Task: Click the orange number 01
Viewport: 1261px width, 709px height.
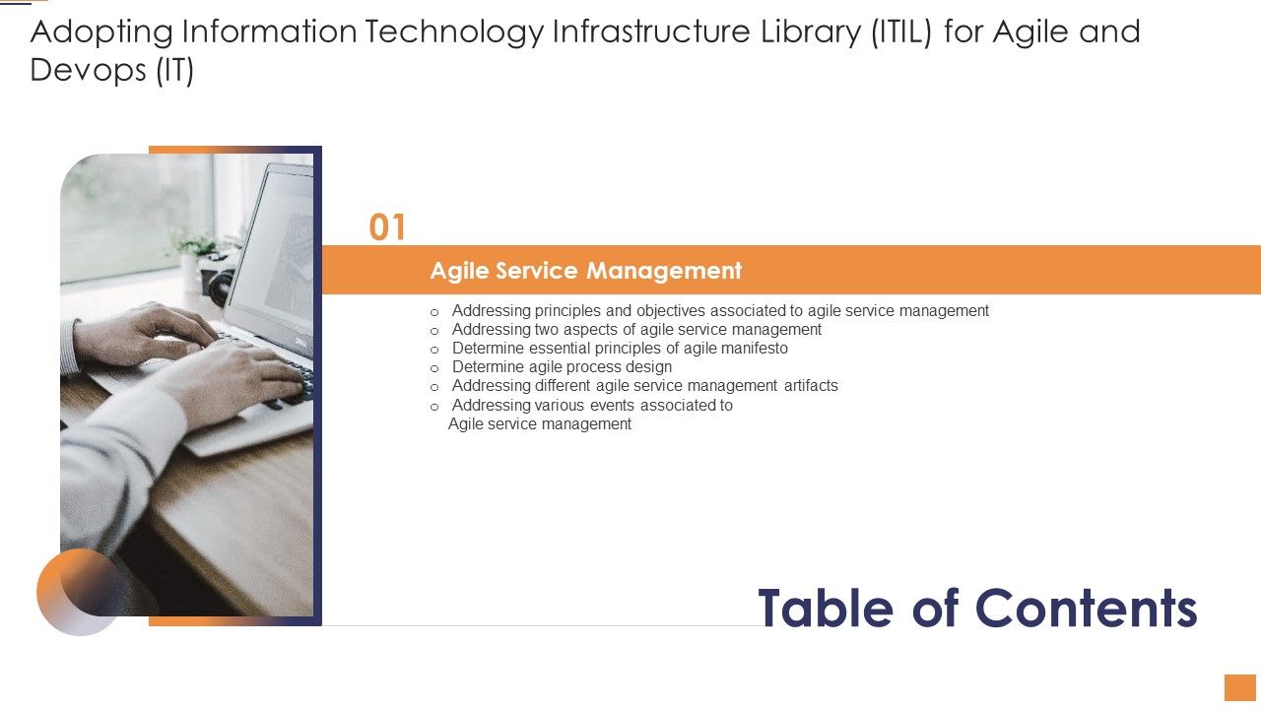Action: (387, 227)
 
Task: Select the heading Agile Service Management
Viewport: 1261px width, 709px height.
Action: (585, 270)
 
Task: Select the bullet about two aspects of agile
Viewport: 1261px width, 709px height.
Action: (636, 330)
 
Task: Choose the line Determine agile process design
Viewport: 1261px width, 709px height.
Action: (562, 367)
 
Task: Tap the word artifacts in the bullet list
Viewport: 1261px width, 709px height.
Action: (811, 386)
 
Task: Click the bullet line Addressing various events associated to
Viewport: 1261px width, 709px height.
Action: (591, 405)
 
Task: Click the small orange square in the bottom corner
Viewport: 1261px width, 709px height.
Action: (1239, 687)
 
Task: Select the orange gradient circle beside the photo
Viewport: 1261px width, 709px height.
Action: (78, 591)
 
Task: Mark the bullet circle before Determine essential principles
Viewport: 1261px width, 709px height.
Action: (434, 350)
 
